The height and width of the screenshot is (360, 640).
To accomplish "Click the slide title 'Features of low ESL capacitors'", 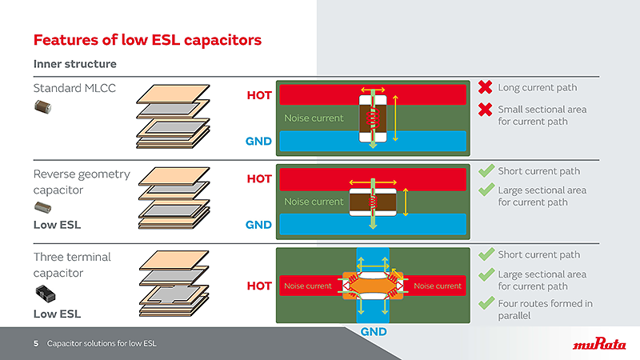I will click(x=146, y=39).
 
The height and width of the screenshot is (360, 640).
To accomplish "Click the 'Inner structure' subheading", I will click(x=74, y=64).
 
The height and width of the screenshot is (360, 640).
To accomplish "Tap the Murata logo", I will click(x=599, y=344).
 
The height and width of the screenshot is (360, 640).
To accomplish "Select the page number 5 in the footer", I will click(x=36, y=344).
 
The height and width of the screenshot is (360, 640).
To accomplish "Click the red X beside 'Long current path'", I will click(x=485, y=87).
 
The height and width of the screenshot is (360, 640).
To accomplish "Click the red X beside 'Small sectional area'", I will click(x=485, y=109).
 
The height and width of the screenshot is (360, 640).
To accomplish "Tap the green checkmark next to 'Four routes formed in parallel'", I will click(x=485, y=303).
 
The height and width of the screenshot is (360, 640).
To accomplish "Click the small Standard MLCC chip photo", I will click(x=42, y=107).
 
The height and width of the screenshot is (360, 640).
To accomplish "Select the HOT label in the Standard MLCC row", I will click(x=258, y=95).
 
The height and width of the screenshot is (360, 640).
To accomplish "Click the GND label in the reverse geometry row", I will click(x=258, y=225).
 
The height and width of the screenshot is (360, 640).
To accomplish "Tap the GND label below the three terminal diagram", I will click(x=374, y=331).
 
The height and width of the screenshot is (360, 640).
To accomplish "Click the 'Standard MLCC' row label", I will click(x=74, y=88).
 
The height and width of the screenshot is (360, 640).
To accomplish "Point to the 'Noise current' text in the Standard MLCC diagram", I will click(x=314, y=118).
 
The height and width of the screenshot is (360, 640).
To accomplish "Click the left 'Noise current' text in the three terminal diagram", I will click(x=307, y=286).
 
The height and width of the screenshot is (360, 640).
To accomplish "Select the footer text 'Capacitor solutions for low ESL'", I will click(x=102, y=344).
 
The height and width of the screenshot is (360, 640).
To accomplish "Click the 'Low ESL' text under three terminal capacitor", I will click(x=57, y=314).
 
